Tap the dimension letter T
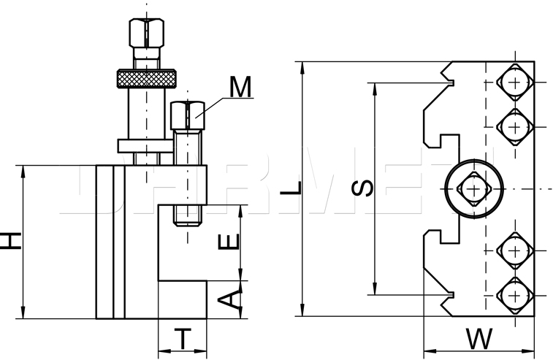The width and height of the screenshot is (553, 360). click(183, 339)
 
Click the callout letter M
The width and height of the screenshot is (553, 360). click(240, 87)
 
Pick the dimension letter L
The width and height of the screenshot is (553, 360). click(291, 188)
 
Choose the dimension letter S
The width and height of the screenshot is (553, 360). click(362, 188)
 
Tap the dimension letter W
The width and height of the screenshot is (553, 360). click(479, 339)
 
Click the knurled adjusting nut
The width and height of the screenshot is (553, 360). click(147, 79)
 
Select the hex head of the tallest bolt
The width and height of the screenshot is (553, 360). click(146, 33)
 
